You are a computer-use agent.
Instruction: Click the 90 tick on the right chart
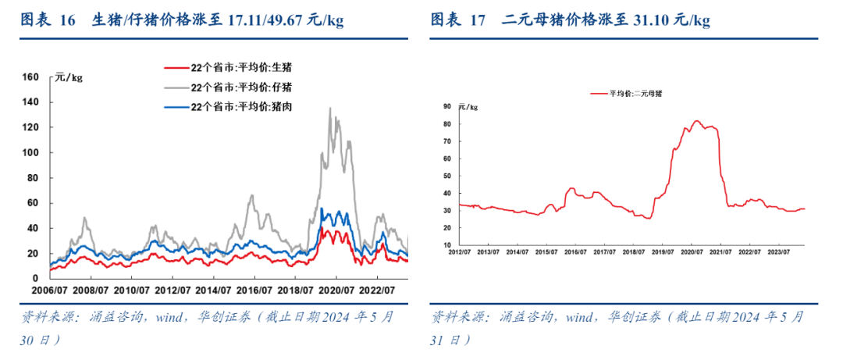(x=448, y=106)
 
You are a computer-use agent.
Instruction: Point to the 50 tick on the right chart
(x=448, y=176)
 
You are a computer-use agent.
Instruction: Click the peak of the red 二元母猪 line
(x=697, y=121)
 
